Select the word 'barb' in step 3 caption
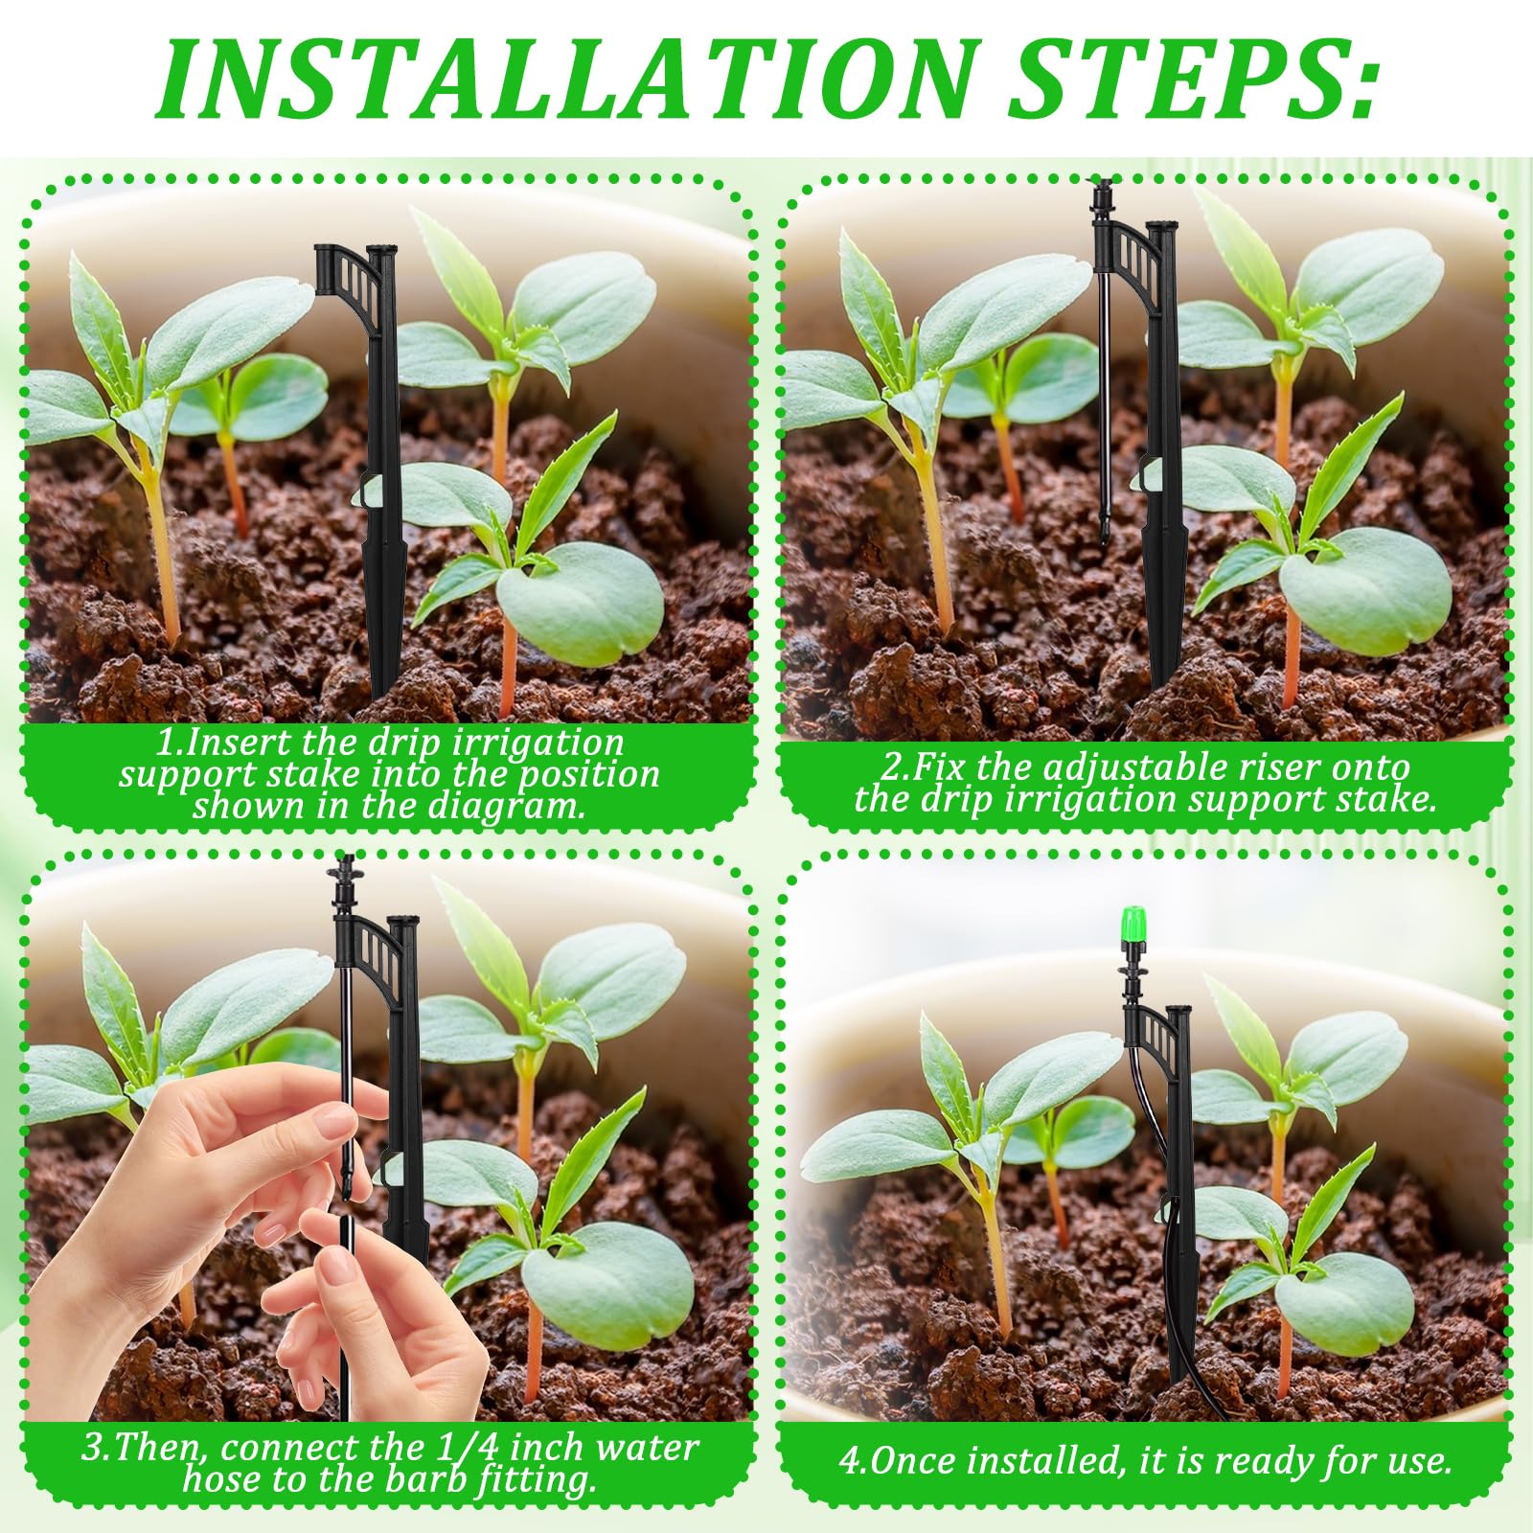[425, 1479]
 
